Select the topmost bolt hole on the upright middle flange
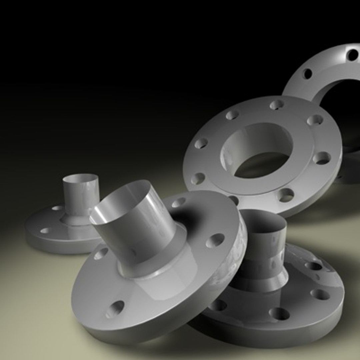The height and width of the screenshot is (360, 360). tap(276, 105)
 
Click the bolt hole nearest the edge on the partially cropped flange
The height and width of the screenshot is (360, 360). tap(352, 54)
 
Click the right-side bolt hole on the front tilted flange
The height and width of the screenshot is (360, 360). tap(215, 240)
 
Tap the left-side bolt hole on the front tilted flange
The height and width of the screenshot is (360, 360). tap(101, 253)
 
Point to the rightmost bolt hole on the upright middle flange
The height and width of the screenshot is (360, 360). tap(322, 158)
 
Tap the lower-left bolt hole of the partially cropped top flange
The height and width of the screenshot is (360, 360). tap(307, 73)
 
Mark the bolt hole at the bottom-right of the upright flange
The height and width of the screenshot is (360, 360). tap(286, 195)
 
